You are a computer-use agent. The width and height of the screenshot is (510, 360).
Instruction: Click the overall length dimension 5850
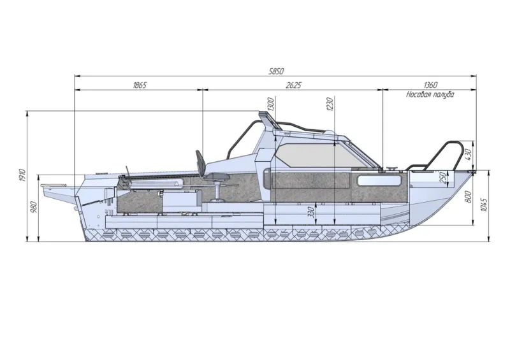(276, 71)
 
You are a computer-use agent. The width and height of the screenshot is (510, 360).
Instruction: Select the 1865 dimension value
(140, 85)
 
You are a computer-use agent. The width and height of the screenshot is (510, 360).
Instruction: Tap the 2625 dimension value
(294, 85)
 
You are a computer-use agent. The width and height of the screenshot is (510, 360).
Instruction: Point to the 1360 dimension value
(430, 85)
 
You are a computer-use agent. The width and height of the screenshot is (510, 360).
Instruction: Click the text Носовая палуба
(430, 95)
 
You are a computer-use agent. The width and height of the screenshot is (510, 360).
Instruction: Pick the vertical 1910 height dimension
(22, 176)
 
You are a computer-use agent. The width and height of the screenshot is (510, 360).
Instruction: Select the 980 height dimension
(35, 208)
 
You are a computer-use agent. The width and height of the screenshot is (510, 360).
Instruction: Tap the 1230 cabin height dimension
(330, 104)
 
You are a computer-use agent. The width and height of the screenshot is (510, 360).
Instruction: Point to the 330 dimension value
(311, 212)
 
